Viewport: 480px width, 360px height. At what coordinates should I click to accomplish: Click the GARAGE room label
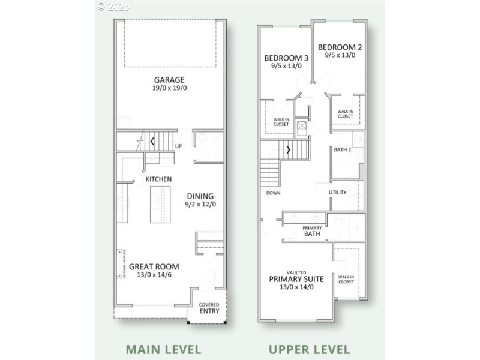pyautogui.click(x=169, y=79)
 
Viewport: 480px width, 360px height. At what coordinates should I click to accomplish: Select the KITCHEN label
pyautogui.click(x=159, y=179)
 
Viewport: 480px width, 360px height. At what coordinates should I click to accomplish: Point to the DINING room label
pyautogui.click(x=200, y=196)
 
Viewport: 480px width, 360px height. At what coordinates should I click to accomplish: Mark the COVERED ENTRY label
pyautogui.click(x=209, y=308)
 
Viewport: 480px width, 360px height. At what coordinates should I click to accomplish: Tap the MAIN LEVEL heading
pyautogui.click(x=163, y=349)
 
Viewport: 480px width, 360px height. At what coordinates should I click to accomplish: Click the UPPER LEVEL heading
pyautogui.click(x=309, y=349)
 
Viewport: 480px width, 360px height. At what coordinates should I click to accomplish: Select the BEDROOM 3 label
pyautogui.click(x=286, y=58)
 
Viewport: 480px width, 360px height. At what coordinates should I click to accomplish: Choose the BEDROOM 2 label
pyautogui.click(x=340, y=47)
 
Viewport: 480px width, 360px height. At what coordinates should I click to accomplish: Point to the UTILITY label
pyautogui.click(x=338, y=192)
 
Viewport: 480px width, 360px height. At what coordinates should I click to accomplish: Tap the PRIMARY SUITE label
pyautogui.click(x=296, y=278)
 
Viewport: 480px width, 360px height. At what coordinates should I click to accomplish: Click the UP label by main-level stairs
pyautogui.click(x=179, y=146)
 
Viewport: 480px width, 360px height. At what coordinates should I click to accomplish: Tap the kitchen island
pyautogui.click(x=160, y=204)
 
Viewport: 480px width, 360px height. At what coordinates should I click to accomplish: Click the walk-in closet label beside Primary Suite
pyautogui.click(x=346, y=280)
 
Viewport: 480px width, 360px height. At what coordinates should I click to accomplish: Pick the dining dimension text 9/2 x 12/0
pyautogui.click(x=200, y=205)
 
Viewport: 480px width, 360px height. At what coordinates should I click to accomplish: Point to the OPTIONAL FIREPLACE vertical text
pyautogui.click(x=122, y=263)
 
